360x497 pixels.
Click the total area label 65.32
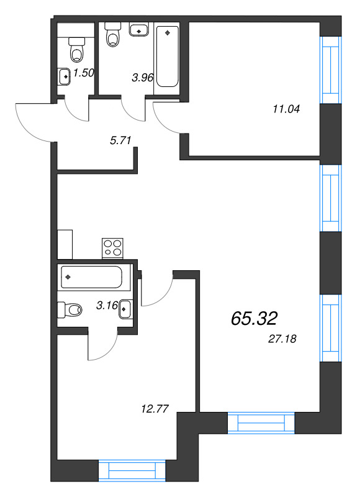pyautogui.click(x=253, y=318)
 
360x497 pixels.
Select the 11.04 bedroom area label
pyautogui.click(x=286, y=109)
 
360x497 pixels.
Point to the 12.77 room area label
pyautogui.click(x=156, y=409)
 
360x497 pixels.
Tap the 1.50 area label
pyautogui.click(x=83, y=73)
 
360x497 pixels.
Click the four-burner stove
pyautogui.click(x=112, y=248)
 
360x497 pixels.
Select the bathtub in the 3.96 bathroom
pyautogui.click(x=166, y=56)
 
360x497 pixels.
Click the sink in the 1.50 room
pyautogui.click(x=65, y=76)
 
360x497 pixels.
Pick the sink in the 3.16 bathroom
pyautogui.click(x=125, y=309)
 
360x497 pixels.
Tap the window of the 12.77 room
pyautogui.click(x=132, y=470)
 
